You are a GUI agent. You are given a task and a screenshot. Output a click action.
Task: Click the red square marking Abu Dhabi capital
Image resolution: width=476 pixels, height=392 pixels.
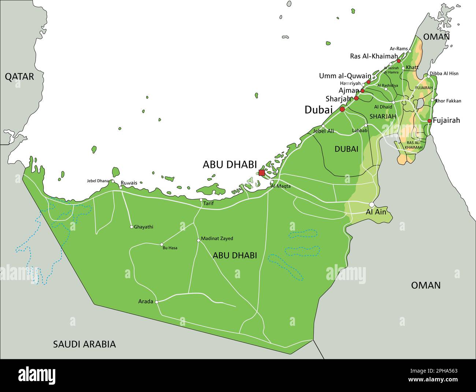[261, 172]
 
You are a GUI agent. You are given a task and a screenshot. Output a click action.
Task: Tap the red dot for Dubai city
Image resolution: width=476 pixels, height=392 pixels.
[342, 109]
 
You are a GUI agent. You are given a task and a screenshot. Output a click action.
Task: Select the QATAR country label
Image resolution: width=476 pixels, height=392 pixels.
[19, 76]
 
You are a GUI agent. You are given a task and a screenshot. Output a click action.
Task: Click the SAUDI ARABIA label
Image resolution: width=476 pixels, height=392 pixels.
[84, 344]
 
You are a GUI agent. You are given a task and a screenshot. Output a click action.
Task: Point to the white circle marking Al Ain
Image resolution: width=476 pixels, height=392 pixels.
[372, 205]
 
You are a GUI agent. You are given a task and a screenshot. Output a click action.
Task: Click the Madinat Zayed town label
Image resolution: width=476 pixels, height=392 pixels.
[217, 239]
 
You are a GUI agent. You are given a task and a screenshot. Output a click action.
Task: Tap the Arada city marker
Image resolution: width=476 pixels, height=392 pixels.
[157, 302]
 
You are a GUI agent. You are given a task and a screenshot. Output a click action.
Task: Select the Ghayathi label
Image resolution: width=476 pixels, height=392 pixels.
[144, 227]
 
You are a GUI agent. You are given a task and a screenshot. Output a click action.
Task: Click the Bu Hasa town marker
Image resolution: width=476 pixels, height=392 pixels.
[161, 244]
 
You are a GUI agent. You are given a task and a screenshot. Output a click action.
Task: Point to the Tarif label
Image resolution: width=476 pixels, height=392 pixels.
[208, 204]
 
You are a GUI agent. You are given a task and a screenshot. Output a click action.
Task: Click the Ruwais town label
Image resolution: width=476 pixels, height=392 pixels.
[129, 183]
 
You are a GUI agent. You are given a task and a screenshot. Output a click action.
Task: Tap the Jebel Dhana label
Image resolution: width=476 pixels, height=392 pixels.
[98, 181]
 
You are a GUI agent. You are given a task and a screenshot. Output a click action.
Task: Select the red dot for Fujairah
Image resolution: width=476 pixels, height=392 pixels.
[429, 121]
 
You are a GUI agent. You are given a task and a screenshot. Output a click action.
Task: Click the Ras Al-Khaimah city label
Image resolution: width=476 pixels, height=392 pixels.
[373, 56]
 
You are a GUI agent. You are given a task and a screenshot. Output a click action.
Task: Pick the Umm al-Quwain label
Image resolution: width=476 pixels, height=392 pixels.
[345, 76]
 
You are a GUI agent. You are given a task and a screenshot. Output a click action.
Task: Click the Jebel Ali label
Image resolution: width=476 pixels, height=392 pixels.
[324, 131]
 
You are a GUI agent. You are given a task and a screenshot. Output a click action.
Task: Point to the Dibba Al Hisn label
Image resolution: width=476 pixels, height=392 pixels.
[444, 74]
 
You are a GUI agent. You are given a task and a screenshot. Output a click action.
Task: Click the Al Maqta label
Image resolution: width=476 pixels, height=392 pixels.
[281, 186]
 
